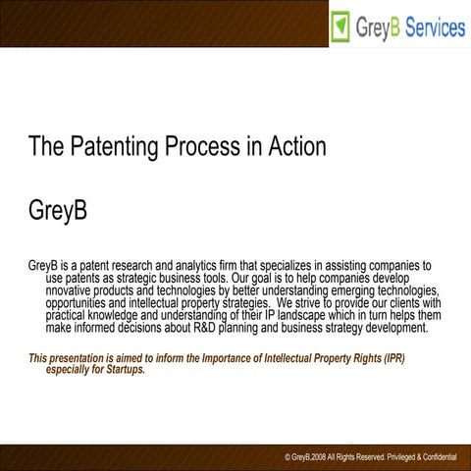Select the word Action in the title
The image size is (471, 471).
point(294,147)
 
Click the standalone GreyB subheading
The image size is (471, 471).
point(58,211)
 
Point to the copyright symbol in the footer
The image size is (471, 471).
point(288,458)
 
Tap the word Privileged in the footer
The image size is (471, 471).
point(387,458)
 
